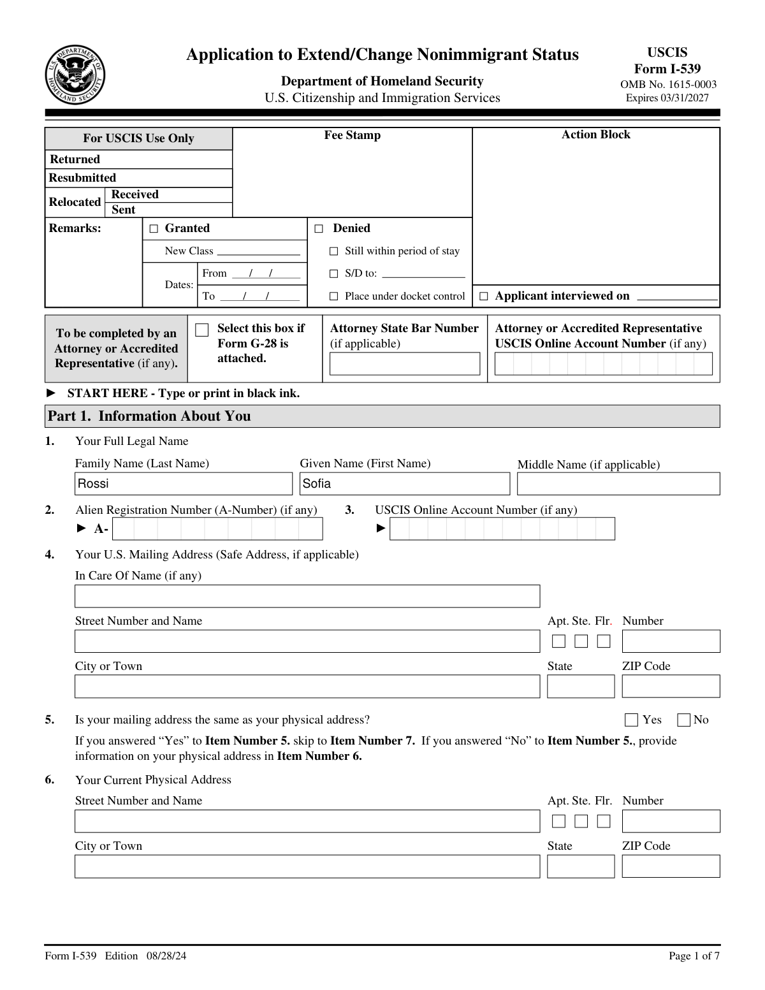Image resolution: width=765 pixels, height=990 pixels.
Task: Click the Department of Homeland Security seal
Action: click(75, 75)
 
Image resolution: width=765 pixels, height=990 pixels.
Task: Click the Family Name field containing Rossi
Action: click(183, 484)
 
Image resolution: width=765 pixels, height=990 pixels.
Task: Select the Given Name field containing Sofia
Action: click(405, 484)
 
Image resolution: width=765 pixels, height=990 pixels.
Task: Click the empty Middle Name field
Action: click(618, 484)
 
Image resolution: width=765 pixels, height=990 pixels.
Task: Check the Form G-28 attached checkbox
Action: click(202, 330)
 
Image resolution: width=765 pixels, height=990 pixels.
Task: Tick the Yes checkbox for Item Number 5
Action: click(631, 720)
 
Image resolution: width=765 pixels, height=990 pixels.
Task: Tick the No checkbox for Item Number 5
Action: click(683, 720)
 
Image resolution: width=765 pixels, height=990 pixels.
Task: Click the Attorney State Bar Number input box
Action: click(404, 364)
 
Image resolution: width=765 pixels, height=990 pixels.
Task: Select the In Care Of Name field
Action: click(307, 596)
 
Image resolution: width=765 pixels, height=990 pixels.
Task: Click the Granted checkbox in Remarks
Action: click(154, 229)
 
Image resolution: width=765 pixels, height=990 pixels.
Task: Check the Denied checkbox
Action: click(319, 229)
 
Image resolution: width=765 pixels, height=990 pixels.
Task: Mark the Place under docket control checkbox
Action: click(333, 296)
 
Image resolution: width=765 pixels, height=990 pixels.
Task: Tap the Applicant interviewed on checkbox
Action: click(484, 296)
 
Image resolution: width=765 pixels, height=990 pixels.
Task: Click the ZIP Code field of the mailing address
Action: click(671, 687)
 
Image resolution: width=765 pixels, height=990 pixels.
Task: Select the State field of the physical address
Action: click(580, 866)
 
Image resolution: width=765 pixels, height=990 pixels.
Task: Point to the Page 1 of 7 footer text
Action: click(694, 956)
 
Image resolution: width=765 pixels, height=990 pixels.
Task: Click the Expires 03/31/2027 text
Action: click(667, 98)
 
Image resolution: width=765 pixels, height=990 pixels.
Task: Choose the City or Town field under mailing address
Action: click(307, 687)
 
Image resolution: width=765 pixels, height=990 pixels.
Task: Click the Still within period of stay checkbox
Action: click(333, 252)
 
